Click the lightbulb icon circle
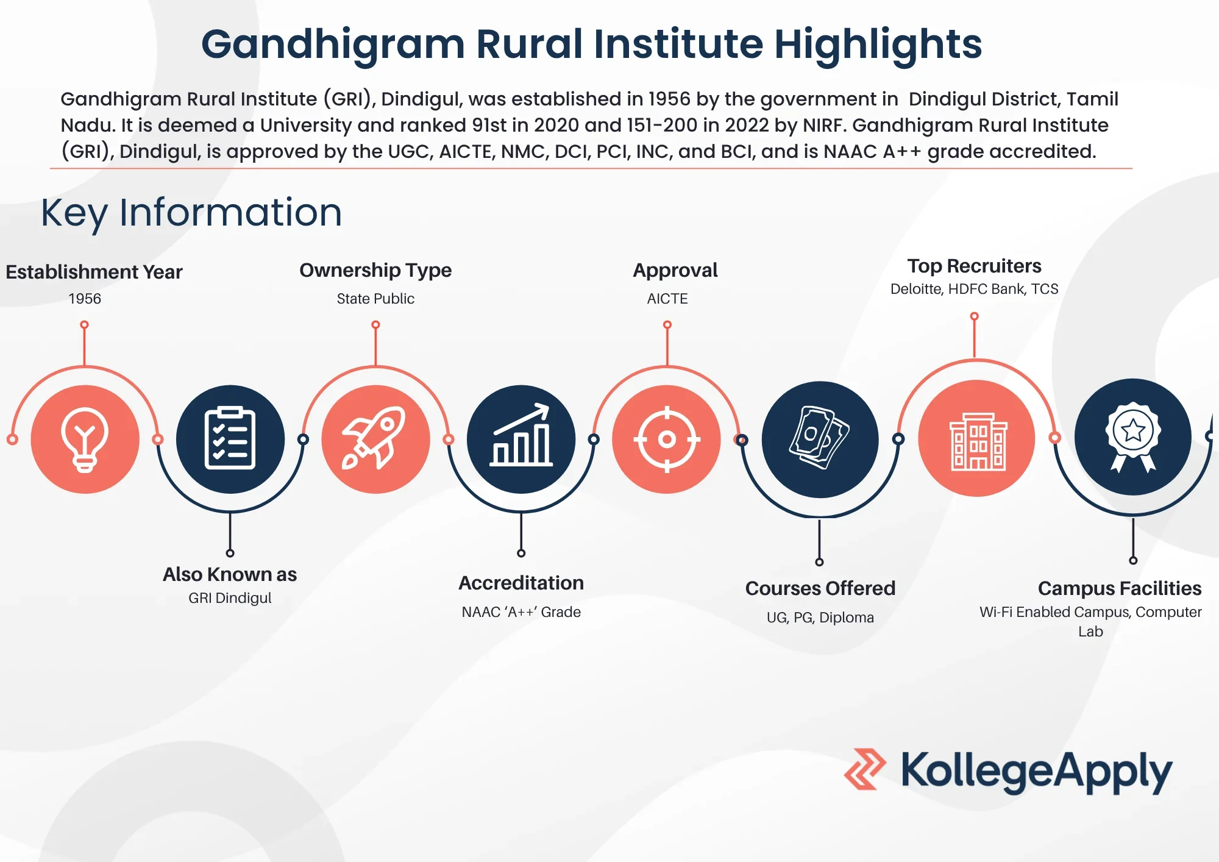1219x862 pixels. pos(85,439)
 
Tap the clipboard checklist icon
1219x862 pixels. pos(230,438)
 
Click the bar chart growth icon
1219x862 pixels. pos(521,435)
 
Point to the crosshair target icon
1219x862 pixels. pos(667,439)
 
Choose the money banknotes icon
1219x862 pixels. pos(820,438)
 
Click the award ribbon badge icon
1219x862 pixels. pos(1133,436)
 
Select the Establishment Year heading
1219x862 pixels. pos(94,272)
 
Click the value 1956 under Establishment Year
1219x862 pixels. pos(85,299)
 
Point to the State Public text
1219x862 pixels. pos(375,299)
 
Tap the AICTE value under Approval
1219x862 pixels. pos(667,299)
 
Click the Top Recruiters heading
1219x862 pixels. pos(974,266)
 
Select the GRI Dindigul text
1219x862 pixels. pos(230,598)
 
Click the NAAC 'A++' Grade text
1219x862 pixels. pos(521,612)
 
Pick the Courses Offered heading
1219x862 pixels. pos(820,588)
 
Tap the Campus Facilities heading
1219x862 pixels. pos(1120,588)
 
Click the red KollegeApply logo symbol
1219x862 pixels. pos(865,769)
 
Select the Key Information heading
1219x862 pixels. pos(191,213)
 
